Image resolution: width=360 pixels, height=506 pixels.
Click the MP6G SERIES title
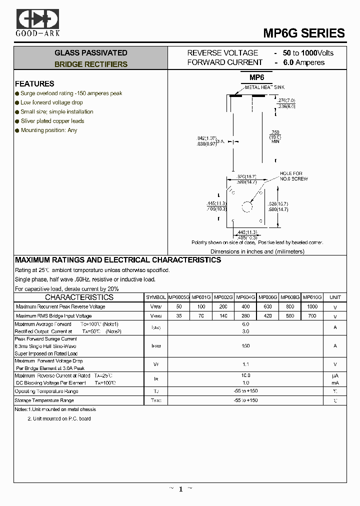tap(303, 33)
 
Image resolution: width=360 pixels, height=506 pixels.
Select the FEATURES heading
tap(34, 83)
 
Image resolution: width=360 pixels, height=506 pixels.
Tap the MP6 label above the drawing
tap(256, 77)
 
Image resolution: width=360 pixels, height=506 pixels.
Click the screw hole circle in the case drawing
tap(247, 206)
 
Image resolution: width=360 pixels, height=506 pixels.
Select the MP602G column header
tap(223, 297)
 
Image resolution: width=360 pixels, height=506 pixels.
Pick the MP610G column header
tap(312, 297)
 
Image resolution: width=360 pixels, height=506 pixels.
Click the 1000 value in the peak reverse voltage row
tap(312, 306)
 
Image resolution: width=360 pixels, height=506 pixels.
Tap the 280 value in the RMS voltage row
tap(245, 316)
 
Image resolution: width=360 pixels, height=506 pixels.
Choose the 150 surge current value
tap(245, 345)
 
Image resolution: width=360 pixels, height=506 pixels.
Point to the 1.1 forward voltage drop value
tap(245, 364)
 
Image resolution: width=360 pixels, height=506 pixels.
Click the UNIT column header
tap(335, 297)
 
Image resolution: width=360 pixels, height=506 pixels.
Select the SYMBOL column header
tap(156, 297)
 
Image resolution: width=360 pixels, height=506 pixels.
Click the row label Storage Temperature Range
tap(44, 400)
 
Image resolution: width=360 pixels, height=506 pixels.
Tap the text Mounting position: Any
tap(49, 130)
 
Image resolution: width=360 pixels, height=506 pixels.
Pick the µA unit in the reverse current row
tap(335, 375)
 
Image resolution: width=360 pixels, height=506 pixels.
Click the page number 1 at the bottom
tap(180, 489)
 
